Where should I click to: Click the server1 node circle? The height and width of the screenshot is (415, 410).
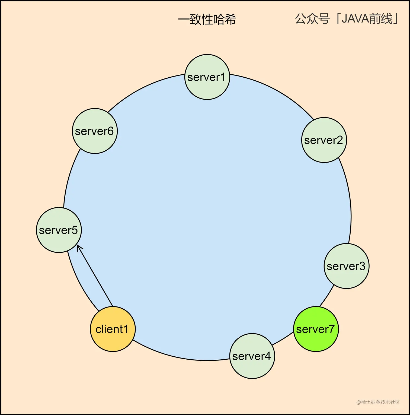(x=207, y=77)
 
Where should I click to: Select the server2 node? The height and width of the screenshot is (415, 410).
(x=324, y=140)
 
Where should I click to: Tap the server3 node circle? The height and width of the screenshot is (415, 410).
(x=347, y=266)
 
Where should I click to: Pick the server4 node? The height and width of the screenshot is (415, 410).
(x=252, y=356)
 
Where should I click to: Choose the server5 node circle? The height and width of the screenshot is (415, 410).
(x=59, y=230)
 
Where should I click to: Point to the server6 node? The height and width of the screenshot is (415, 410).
(x=95, y=131)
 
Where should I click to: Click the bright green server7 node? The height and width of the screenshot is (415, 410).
(x=316, y=329)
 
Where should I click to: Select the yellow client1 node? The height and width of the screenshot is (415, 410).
(x=113, y=329)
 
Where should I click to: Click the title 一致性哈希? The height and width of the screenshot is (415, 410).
(x=207, y=20)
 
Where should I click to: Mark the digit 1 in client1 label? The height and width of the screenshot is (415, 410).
(x=126, y=329)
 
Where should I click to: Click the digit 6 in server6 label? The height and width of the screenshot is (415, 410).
(x=110, y=131)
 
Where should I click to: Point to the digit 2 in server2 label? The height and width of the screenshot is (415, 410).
(x=339, y=140)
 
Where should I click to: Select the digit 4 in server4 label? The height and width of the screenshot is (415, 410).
(x=267, y=356)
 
